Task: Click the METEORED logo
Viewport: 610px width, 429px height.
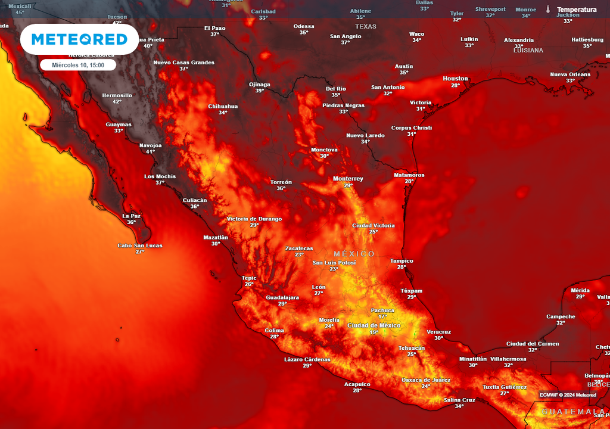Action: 79,39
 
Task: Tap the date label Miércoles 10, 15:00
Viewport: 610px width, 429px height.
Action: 78,65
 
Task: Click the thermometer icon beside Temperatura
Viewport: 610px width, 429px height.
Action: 547,10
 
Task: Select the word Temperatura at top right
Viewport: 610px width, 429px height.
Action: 577,10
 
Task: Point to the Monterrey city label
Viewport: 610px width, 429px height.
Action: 348,179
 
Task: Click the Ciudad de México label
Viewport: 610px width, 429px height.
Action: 374,325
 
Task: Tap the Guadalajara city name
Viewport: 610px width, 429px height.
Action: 282,297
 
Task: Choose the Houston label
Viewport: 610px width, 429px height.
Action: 455,79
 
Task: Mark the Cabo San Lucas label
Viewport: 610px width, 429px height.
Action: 140,245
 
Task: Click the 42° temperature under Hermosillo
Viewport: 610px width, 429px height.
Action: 117,102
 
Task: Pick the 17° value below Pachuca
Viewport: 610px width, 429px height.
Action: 382,316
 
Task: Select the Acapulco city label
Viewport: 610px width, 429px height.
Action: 357,384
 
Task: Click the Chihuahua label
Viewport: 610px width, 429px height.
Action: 223,106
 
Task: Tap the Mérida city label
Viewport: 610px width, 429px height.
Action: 580,290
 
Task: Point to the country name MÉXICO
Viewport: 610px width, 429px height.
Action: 354,254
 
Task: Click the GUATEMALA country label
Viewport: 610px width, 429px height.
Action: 572,412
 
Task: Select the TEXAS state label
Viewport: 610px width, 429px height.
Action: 366,27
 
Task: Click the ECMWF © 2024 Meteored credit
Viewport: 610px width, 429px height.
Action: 568,395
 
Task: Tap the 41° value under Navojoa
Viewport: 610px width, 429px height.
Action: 150,151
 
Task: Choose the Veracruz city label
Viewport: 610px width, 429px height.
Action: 438,331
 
